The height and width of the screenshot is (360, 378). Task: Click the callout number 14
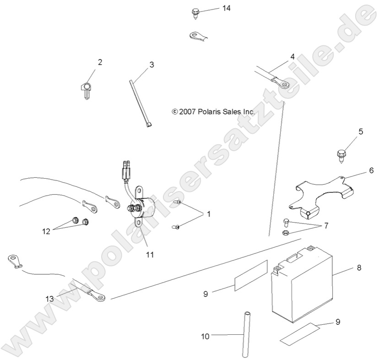[226, 8]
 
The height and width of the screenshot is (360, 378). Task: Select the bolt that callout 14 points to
[195, 13]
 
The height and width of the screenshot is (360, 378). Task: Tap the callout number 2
[100, 62]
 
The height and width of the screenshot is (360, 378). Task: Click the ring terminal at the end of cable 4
[280, 83]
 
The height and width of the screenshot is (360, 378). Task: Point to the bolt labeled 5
[342, 156]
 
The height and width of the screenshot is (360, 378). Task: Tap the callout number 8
[359, 268]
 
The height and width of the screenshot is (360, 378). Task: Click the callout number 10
[205, 336]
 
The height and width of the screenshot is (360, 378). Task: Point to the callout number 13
[49, 299]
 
